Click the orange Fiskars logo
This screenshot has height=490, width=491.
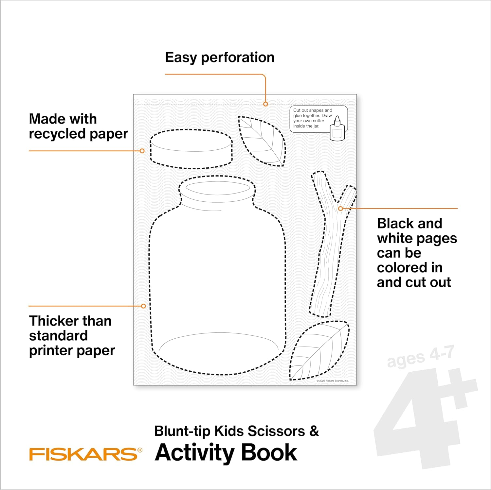tap(86, 454)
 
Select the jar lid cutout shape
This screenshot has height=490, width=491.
tap(191, 149)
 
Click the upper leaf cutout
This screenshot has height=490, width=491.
tap(262, 141)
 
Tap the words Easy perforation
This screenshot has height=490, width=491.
tap(220, 58)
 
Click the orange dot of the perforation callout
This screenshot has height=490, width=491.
tap(266, 104)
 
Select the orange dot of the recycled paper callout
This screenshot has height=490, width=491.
tap(142, 151)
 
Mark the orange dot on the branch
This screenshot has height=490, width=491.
tap(340, 208)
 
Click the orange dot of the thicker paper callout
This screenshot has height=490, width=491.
tap(143, 306)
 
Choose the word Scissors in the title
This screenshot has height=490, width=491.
tap(276, 431)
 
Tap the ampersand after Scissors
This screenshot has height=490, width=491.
tap(314, 431)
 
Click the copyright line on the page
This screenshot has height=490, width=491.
tap(333, 381)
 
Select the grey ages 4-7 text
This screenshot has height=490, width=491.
tap(421, 357)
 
